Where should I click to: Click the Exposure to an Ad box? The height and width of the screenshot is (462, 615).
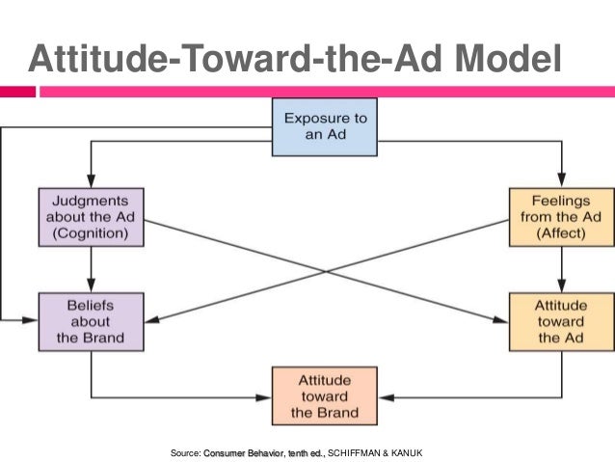[x=324, y=127]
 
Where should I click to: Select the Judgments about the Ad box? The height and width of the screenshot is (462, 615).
[x=92, y=216]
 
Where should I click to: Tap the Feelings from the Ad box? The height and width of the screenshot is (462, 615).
[x=560, y=216]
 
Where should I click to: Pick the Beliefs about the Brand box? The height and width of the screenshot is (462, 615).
[x=92, y=321]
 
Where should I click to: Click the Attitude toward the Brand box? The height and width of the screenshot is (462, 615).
[x=324, y=395]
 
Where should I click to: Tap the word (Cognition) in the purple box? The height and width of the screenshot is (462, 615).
[x=92, y=233]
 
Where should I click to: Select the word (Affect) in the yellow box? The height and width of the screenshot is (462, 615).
[x=560, y=233]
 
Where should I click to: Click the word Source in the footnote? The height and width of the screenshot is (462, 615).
[x=184, y=451]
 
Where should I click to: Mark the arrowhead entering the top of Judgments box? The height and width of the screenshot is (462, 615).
[x=92, y=183]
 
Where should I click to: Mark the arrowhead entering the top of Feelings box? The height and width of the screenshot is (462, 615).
[x=560, y=183]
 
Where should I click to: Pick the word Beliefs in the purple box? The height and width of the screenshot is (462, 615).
[x=92, y=304]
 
